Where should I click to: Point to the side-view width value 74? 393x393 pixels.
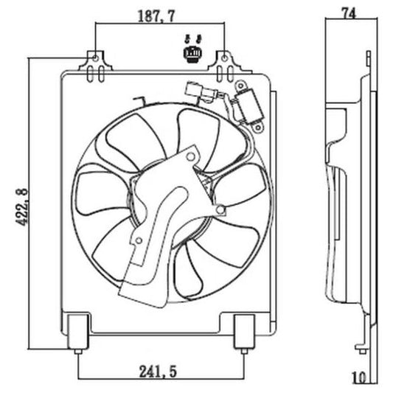click(350, 12)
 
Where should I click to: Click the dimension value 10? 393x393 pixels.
click(359, 378)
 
